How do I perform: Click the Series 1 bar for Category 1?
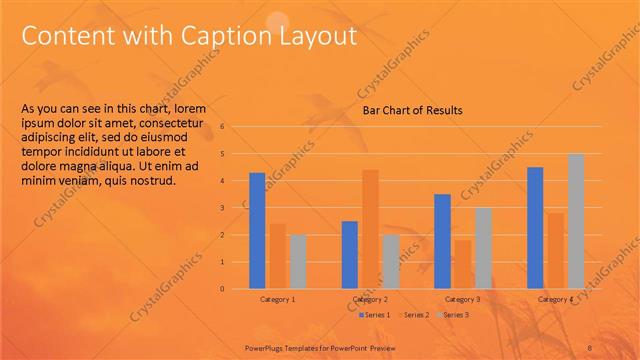(x=257, y=231)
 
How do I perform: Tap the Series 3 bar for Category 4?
(x=576, y=221)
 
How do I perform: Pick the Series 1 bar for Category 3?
(x=442, y=241)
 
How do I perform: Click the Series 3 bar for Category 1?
(x=297, y=262)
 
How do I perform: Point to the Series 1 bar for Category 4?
(x=535, y=228)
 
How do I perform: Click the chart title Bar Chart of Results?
(x=412, y=111)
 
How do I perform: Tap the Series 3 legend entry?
(x=453, y=315)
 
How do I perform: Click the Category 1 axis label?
(x=278, y=299)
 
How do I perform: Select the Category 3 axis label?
(x=462, y=299)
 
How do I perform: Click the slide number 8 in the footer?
(x=591, y=346)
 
